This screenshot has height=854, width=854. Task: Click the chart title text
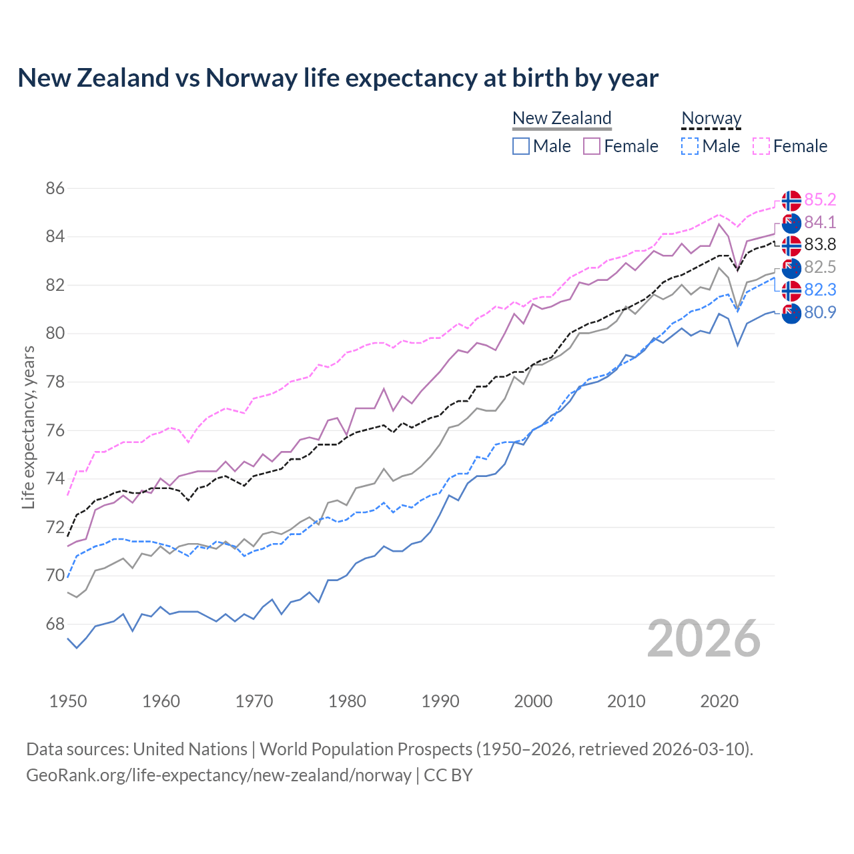pyautogui.click(x=338, y=78)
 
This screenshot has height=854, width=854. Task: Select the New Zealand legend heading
pyautogui.click(x=562, y=118)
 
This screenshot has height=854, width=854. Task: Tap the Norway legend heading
pyautogui.click(x=711, y=118)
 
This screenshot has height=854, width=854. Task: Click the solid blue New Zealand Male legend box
pyautogui.click(x=521, y=146)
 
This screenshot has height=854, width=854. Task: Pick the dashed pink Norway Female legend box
pyautogui.click(x=761, y=146)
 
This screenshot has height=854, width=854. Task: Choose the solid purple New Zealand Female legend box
pyautogui.click(x=592, y=146)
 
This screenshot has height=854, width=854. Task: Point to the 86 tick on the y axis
pyautogui.click(x=55, y=188)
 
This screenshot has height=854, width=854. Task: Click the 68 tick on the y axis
pyautogui.click(x=55, y=624)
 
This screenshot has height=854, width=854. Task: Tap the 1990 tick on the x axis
pyautogui.click(x=440, y=701)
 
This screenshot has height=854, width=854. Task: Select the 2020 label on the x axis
pyautogui.click(x=719, y=701)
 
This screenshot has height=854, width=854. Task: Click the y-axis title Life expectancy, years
pyautogui.click(x=28, y=427)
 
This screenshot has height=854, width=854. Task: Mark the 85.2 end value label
pyautogui.click(x=820, y=199)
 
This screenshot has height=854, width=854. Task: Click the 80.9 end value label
pyautogui.click(x=820, y=312)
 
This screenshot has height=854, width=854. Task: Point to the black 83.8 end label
pyautogui.click(x=820, y=244)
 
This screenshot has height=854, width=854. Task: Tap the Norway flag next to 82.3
pyautogui.click(x=791, y=291)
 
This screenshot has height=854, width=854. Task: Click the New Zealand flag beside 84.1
pyautogui.click(x=791, y=223)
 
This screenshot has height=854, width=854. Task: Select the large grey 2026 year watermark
pyautogui.click(x=704, y=638)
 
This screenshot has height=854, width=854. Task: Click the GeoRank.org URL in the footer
pyautogui.click(x=219, y=775)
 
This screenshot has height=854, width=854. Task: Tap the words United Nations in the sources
pyautogui.click(x=190, y=749)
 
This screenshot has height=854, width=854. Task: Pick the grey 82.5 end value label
pyautogui.click(x=820, y=267)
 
